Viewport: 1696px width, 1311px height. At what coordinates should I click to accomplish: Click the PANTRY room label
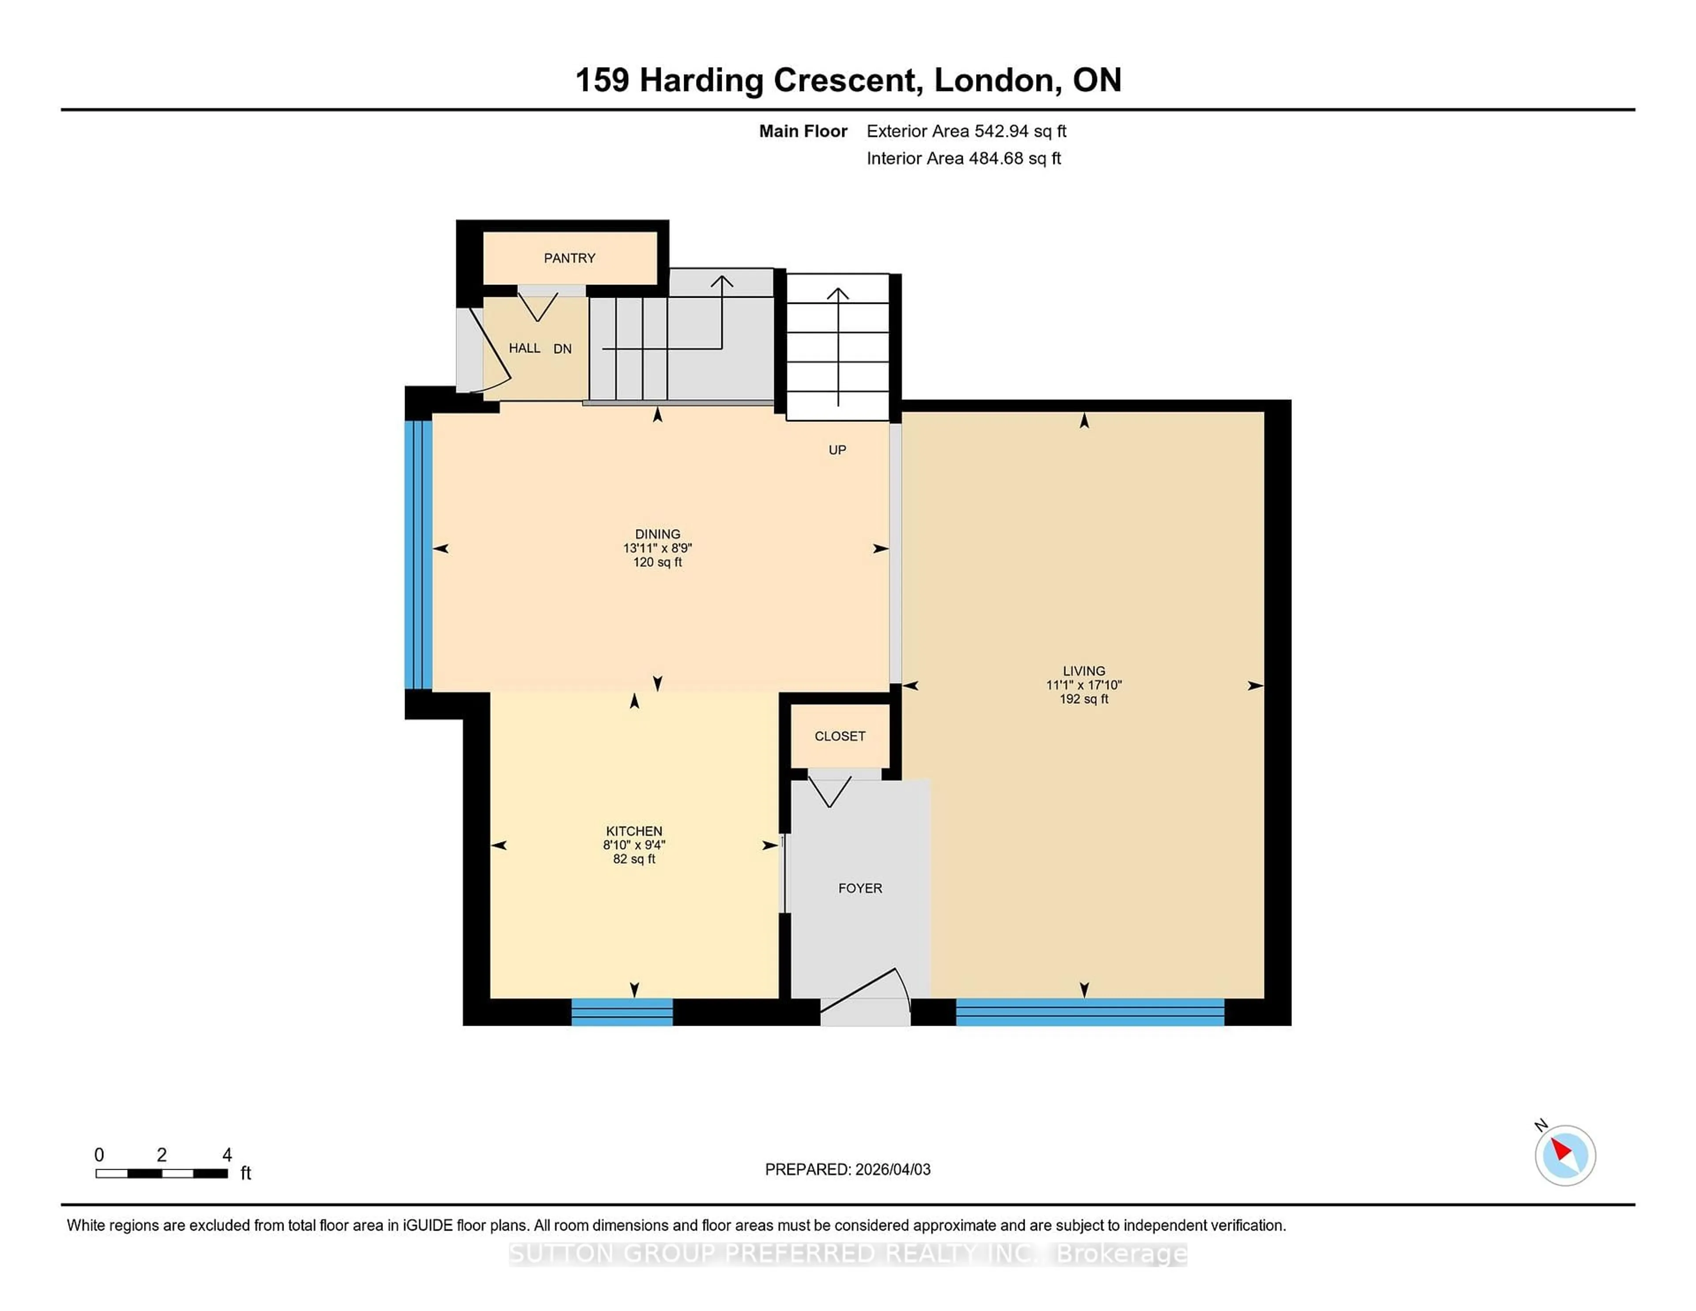point(569,258)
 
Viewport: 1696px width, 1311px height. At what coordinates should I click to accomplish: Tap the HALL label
point(524,348)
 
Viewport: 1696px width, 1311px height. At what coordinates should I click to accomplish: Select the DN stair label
point(562,349)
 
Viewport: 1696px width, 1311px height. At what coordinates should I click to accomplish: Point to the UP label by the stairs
point(837,450)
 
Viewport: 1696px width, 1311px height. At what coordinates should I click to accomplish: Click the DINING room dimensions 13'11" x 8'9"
point(657,548)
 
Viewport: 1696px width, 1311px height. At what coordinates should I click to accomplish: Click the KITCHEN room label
point(634,831)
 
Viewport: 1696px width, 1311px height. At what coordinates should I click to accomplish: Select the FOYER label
point(859,888)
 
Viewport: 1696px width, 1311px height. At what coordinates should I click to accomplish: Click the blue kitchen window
point(622,1012)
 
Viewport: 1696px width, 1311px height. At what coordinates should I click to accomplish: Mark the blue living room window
point(1090,1012)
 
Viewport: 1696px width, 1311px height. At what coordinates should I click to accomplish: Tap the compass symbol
point(1565,1156)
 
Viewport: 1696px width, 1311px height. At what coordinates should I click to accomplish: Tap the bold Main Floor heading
point(803,131)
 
